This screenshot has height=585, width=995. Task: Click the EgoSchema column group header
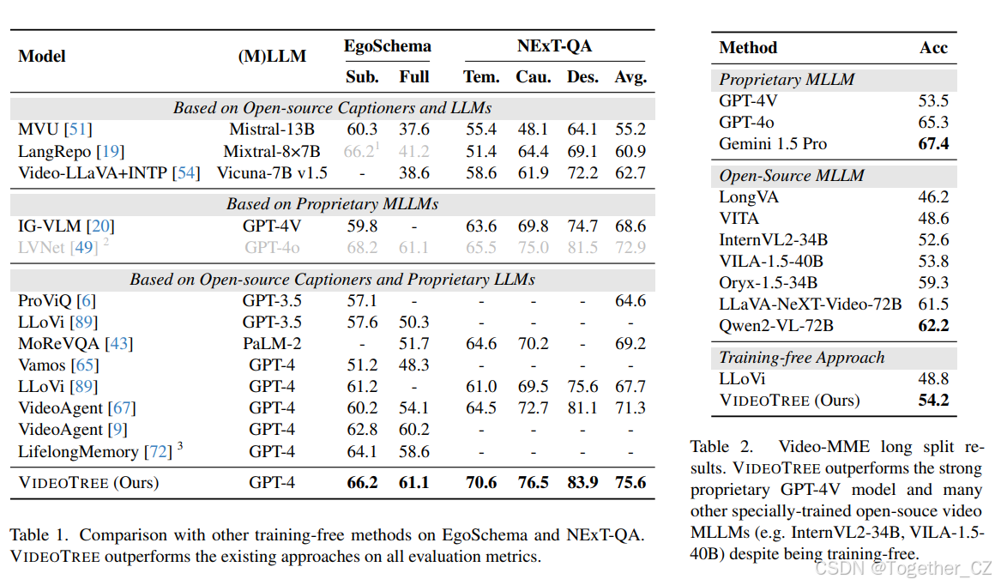pos(387,46)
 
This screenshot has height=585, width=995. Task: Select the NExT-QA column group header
pos(554,46)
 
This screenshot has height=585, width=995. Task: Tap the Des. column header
pos(583,77)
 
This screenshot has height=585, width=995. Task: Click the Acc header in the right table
pos(933,48)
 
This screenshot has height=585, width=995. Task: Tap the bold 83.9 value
pos(583,483)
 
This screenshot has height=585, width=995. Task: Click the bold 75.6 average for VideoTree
pos(630,483)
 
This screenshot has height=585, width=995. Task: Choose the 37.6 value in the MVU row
pos(414,130)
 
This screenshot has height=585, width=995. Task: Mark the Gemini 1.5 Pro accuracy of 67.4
pos(933,144)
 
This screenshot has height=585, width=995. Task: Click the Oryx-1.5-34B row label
pos(769,282)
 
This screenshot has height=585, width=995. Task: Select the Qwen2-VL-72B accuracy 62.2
pos(933,325)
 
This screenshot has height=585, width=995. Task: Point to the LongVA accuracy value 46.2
pos(933,197)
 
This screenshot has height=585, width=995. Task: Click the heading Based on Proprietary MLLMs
pos(333,204)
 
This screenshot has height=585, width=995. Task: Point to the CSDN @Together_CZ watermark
pos(902,569)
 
